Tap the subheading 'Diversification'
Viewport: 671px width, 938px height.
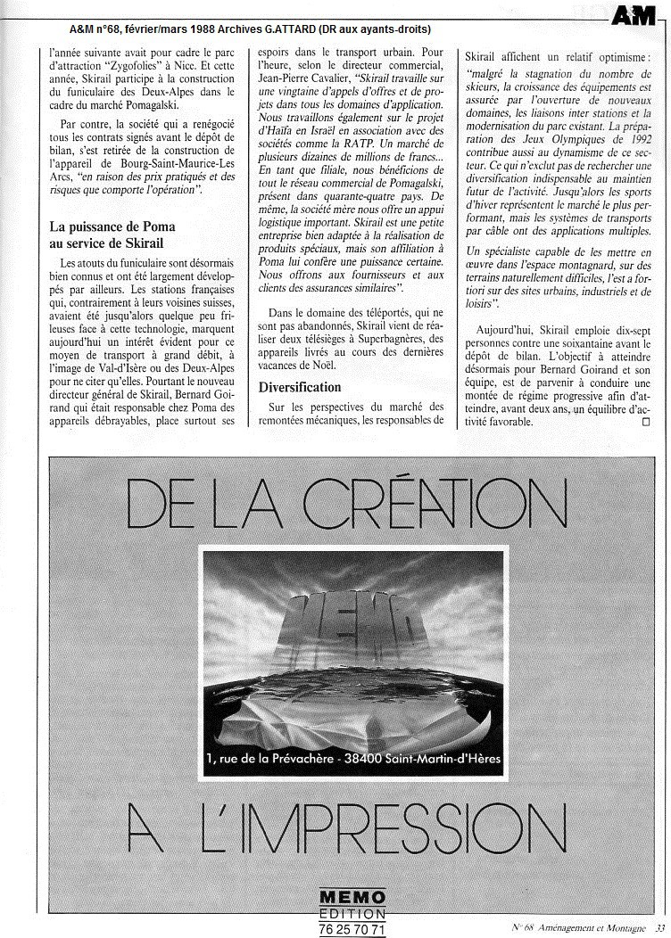pyautogui.click(x=300, y=387)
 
